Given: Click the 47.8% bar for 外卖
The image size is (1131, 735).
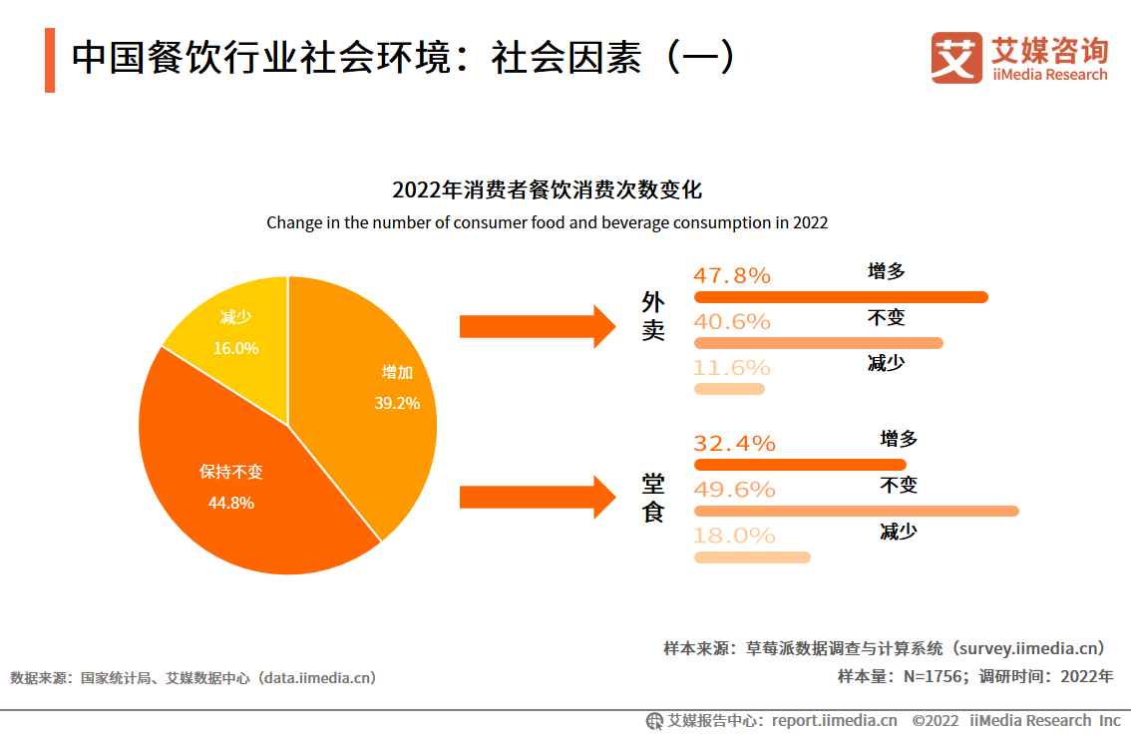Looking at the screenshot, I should (x=841, y=297).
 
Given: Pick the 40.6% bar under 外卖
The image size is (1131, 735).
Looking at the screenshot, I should (x=818, y=343).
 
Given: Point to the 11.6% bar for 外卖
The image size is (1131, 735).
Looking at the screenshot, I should (x=729, y=389).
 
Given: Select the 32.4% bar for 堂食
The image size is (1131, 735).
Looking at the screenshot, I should (x=800, y=465).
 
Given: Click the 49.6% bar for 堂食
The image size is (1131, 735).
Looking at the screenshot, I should (x=856, y=511).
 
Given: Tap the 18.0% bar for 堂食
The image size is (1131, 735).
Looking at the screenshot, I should (x=752, y=557).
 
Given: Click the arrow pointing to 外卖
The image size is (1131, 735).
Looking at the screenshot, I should (x=539, y=326).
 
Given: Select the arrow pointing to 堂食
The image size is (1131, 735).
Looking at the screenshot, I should (x=539, y=497).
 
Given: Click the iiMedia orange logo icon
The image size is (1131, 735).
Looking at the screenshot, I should (x=956, y=58).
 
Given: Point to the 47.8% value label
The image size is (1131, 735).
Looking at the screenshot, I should (x=732, y=276).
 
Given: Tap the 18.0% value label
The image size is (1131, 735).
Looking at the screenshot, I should (x=734, y=536).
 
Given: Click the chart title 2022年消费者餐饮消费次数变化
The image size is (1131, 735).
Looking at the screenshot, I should (x=548, y=190).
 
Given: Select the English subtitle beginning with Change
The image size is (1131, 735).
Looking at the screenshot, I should (x=547, y=222).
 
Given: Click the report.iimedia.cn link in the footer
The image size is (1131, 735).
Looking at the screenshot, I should (x=835, y=720).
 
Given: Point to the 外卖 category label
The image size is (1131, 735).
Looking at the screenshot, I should (x=653, y=316).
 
